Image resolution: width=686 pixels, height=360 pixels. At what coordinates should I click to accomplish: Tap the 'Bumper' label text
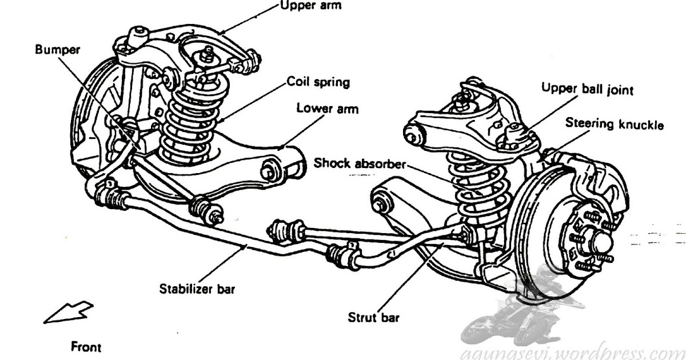[57, 49]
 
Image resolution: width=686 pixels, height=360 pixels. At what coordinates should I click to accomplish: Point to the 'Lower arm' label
[328, 109]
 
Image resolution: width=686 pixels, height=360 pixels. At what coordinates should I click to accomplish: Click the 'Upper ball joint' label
[587, 89]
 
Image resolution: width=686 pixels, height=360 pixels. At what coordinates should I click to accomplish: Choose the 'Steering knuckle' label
[615, 124]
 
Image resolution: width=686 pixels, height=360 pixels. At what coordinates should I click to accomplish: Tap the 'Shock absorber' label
[360, 163]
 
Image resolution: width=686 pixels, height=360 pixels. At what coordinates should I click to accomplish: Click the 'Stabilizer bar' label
[197, 289]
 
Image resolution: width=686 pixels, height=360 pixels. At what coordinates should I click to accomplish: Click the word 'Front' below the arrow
[86, 347]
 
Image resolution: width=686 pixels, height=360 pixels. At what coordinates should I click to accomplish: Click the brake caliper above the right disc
[595, 177]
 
